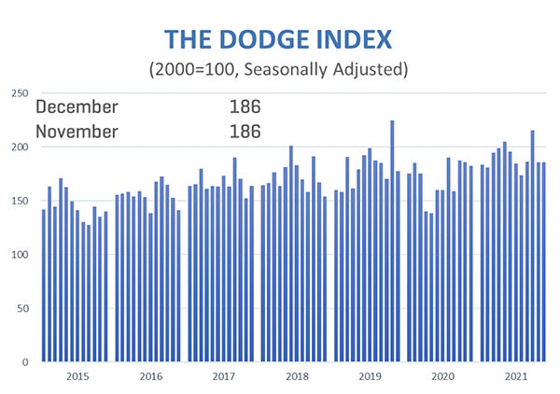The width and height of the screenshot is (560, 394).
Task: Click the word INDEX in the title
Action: click(x=352, y=39)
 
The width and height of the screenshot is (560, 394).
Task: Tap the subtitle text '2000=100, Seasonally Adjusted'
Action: click(x=279, y=69)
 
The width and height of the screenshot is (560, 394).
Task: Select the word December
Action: click(x=77, y=106)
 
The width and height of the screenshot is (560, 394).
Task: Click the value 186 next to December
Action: click(x=245, y=106)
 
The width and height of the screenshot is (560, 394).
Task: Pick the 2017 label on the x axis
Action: click(x=222, y=376)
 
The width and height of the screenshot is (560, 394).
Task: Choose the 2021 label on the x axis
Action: click(x=514, y=376)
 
